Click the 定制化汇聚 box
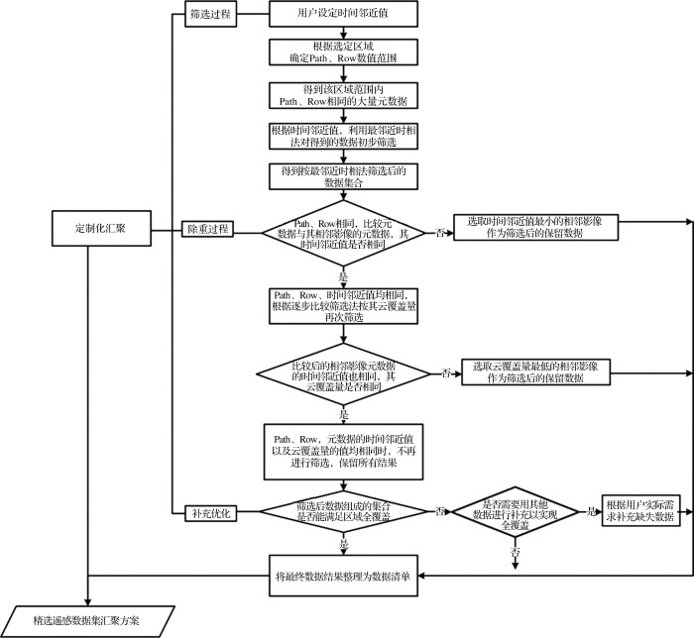99,229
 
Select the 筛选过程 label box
208,15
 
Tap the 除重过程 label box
208,229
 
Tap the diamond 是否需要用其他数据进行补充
517,511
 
